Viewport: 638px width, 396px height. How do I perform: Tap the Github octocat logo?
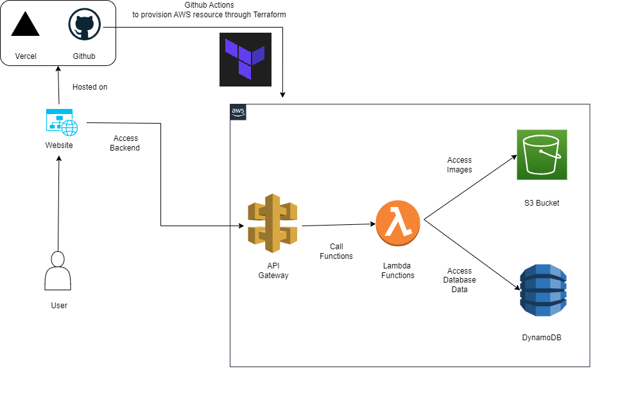pos(84,24)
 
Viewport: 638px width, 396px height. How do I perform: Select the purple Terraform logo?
pos(245,60)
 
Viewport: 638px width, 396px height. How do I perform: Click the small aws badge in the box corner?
pos(238,112)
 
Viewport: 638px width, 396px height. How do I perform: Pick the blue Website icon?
pos(62,122)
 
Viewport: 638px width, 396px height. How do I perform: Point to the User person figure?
pos(58,270)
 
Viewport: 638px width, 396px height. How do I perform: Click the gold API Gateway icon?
pos(273,223)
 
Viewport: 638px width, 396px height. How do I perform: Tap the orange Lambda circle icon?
pos(397,223)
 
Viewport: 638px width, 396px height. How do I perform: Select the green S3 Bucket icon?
pos(542,154)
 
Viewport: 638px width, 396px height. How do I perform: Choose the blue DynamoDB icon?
pos(543,290)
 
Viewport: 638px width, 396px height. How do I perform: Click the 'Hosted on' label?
pos(90,87)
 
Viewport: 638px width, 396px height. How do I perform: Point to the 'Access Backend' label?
pos(125,143)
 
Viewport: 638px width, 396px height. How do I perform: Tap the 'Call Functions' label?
pos(336,251)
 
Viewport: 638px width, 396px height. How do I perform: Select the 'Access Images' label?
pos(460,165)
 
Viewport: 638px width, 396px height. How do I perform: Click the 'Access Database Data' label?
pos(460,280)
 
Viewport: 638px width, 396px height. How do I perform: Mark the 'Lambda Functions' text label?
pos(397,270)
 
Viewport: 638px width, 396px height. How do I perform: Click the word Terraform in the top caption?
pos(270,15)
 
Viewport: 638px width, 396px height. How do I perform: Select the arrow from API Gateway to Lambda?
pos(338,225)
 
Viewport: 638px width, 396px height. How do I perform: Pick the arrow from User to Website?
pos(58,204)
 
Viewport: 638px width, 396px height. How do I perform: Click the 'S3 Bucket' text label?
pos(542,203)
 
